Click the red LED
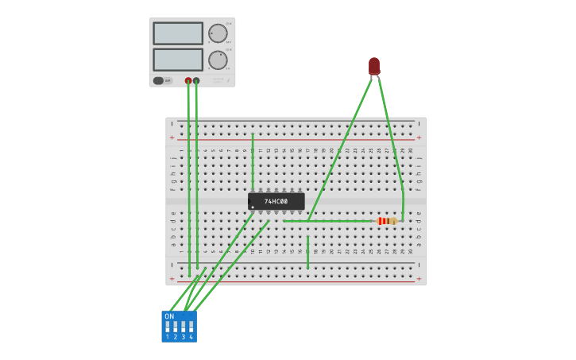pos(374,65)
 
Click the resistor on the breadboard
pos(387,221)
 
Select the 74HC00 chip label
pos(276,202)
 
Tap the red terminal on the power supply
pos(188,80)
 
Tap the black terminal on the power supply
pos(196,80)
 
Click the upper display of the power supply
pos(178,33)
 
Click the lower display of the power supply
pos(178,60)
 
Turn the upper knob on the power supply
pos(218,33)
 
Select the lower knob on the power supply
pos(218,60)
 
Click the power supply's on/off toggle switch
pos(159,80)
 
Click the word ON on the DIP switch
pos(169,316)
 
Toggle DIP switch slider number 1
pos(168,327)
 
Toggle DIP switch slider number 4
pos(191,327)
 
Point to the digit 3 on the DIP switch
pos(183,337)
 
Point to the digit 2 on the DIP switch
pos(176,337)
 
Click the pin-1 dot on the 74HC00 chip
pos(253,207)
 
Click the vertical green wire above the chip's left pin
pos(253,162)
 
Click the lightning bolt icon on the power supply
pos(228,80)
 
